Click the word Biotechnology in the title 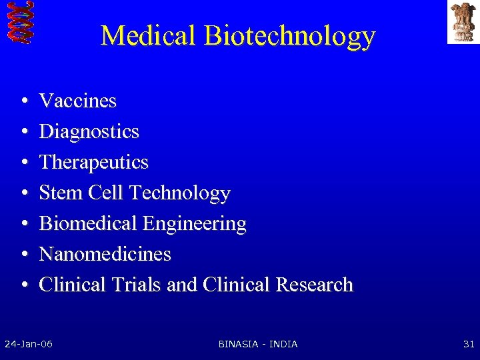click(x=290, y=37)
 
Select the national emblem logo click(x=463, y=21)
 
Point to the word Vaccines click(x=78, y=101)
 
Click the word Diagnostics click(x=89, y=132)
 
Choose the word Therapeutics click(x=94, y=163)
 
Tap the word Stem click(x=58, y=193)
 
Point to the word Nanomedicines click(x=105, y=254)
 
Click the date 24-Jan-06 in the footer click(x=29, y=344)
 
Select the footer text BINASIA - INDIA click(x=258, y=344)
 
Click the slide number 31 click(x=468, y=344)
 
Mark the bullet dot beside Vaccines click(x=23, y=102)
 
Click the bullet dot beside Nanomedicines click(x=23, y=255)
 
